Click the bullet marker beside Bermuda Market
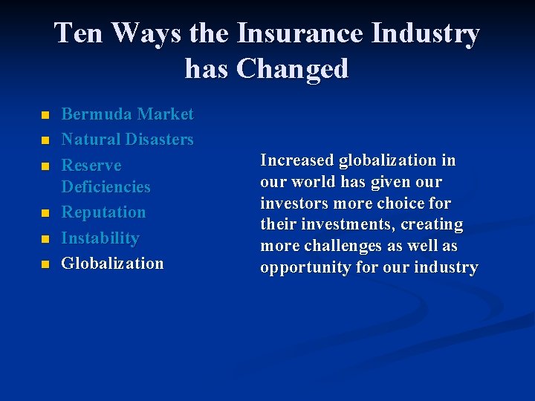[45, 116]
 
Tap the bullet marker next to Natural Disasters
[45, 141]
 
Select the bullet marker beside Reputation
[45, 214]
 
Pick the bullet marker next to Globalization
[45, 265]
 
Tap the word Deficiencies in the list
[106, 187]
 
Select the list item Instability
[100, 238]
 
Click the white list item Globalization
[112, 264]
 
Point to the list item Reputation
[103, 212]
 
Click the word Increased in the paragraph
[297, 160]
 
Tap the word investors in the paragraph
[293, 203]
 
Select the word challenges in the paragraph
[334, 247]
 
